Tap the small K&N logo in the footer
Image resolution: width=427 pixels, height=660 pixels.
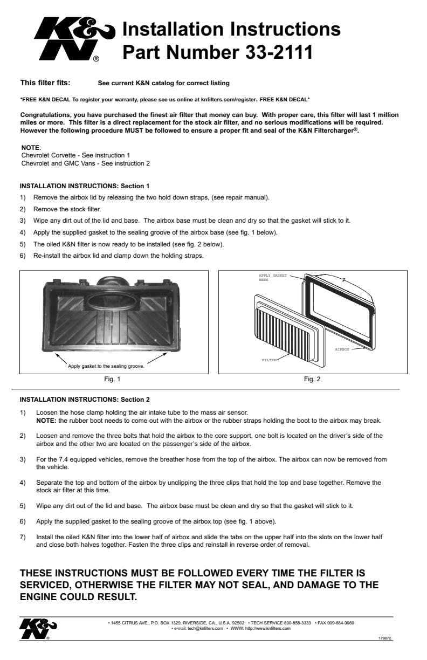click(38, 628)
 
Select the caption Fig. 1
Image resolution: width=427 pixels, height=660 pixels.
click(112, 379)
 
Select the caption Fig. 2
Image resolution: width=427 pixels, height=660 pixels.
click(312, 379)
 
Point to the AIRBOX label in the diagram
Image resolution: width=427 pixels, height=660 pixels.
click(342, 349)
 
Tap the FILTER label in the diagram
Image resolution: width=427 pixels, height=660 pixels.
click(268, 359)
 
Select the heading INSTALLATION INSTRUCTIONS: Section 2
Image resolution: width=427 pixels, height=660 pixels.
click(85, 400)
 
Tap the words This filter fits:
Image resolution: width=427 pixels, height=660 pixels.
click(45, 83)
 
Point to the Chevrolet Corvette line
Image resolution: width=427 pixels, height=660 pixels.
click(75, 155)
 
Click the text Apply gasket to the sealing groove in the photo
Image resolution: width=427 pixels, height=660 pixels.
click(106, 366)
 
